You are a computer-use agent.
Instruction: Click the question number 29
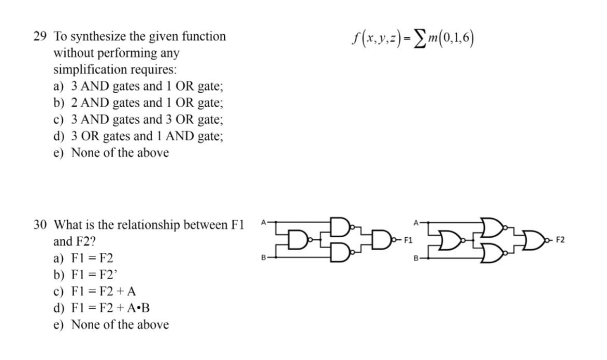click(40, 37)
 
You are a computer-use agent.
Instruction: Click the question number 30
click(40, 225)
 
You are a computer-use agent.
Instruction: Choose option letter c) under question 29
click(59, 120)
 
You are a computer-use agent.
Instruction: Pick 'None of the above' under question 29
click(120, 153)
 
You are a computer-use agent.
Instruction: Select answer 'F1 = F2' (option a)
click(92, 258)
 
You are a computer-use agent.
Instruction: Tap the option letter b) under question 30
click(59, 275)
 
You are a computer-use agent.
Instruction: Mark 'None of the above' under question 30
click(120, 325)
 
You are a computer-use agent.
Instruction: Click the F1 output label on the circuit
click(408, 240)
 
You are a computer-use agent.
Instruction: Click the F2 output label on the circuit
click(560, 240)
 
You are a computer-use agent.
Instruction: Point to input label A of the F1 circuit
click(263, 222)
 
